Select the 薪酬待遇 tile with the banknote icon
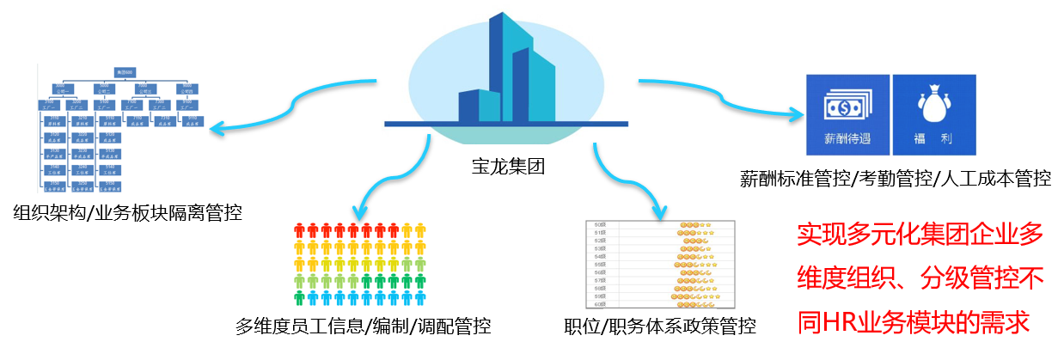(847, 113)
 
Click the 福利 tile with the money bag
(933, 113)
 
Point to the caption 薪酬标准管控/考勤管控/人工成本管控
(895, 179)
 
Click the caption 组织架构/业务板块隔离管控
(128, 211)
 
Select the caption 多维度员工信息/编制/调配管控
(364, 326)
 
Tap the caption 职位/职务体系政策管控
(660, 326)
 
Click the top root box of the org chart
(125, 75)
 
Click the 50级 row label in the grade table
(602, 225)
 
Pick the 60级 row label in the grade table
(602, 305)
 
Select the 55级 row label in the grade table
(602, 265)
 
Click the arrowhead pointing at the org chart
(217, 130)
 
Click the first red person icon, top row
(300, 230)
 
